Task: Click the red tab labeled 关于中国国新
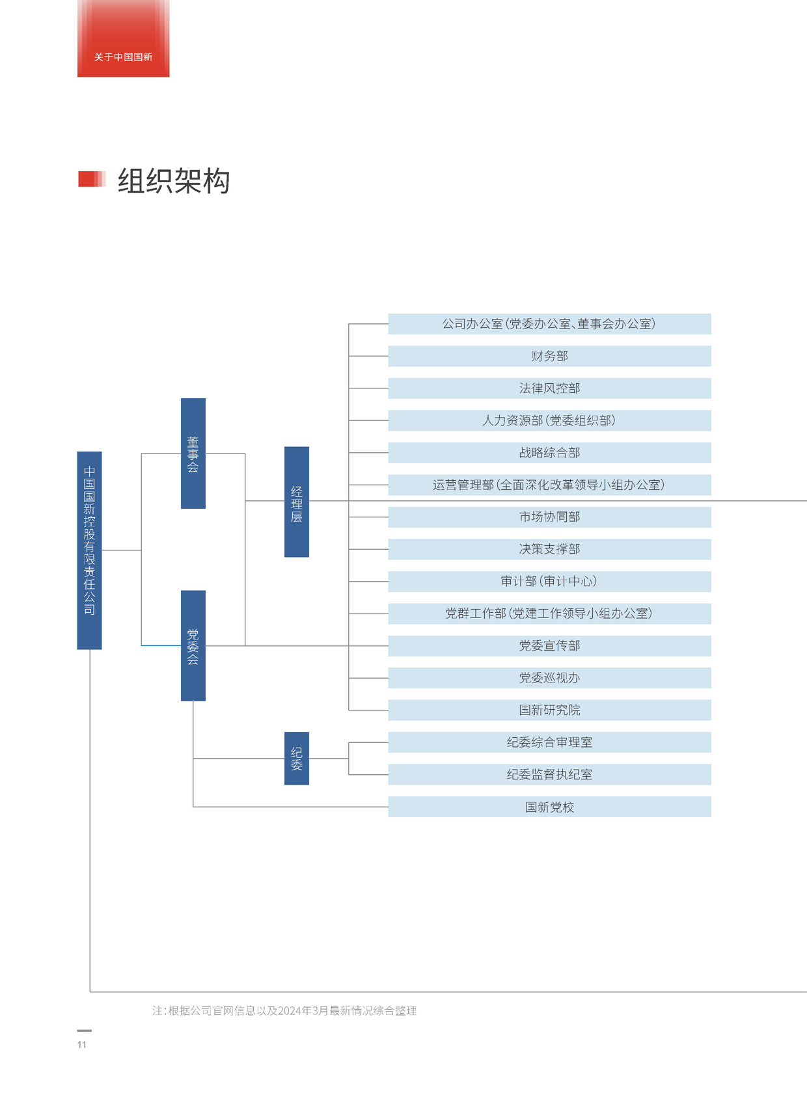click(x=123, y=38)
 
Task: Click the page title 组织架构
click(x=174, y=181)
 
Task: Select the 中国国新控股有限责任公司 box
click(x=90, y=550)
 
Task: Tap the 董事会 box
click(x=193, y=453)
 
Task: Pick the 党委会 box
click(x=193, y=646)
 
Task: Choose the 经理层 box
click(x=297, y=502)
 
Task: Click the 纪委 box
click(x=297, y=759)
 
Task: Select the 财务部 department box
click(x=550, y=357)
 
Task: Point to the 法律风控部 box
click(x=550, y=388)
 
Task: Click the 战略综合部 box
click(x=550, y=453)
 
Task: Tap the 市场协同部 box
click(x=550, y=517)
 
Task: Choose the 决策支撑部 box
click(x=550, y=550)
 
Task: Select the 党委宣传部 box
click(x=550, y=646)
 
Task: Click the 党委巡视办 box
click(x=550, y=678)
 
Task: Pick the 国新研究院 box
click(x=550, y=710)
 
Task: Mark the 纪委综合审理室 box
click(x=550, y=742)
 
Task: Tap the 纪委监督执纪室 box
click(x=550, y=775)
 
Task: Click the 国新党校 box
click(x=550, y=807)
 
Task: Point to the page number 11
click(x=82, y=1045)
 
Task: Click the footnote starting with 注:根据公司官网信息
click(x=284, y=1010)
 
